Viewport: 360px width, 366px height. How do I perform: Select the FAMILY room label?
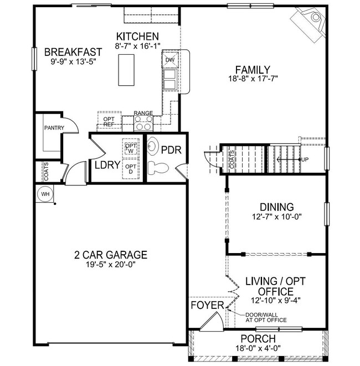(x=252, y=70)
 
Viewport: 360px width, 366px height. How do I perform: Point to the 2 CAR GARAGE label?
(x=111, y=255)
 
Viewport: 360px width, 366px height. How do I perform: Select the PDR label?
(x=168, y=150)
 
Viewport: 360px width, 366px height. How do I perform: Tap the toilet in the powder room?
(x=160, y=166)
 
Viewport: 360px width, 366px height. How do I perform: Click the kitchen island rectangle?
(x=126, y=70)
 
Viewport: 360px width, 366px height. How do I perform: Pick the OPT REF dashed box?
(x=109, y=121)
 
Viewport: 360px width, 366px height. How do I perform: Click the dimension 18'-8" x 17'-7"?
(x=252, y=79)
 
